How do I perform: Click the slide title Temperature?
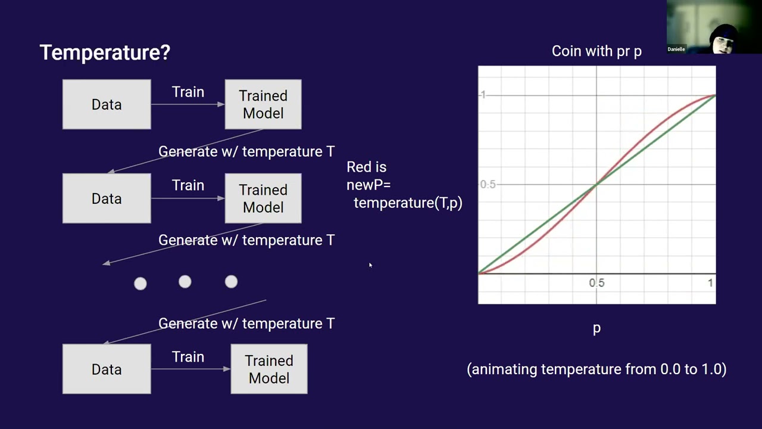[x=105, y=52]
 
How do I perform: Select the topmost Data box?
[x=107, y=104]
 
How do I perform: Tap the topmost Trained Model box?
[x=263, y=104]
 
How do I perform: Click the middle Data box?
[x=107, y=198]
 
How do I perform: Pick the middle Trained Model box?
[x=263, y=198]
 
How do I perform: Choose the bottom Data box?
[x=107, y=369]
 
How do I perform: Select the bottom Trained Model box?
[x=269, y=369]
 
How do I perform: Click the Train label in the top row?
[x=188, y=92]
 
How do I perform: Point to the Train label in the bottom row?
[x=188, y=357]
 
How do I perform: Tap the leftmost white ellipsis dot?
[x=140, y=284]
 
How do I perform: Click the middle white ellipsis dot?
[x=185, y=282]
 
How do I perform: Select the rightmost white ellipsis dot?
[x=231, y=282]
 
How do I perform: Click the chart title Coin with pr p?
[x=597, y=51]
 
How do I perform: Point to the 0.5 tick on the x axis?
[x=597, y=283]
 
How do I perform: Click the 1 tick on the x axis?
[x=710, y=283]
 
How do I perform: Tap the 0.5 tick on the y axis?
[x=488, y=185]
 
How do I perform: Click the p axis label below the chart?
[x=597, y=328]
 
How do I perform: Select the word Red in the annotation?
[x=358, y=167]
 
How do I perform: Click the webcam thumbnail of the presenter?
[x=714, y=27]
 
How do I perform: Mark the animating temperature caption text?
[x=597, y=369]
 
